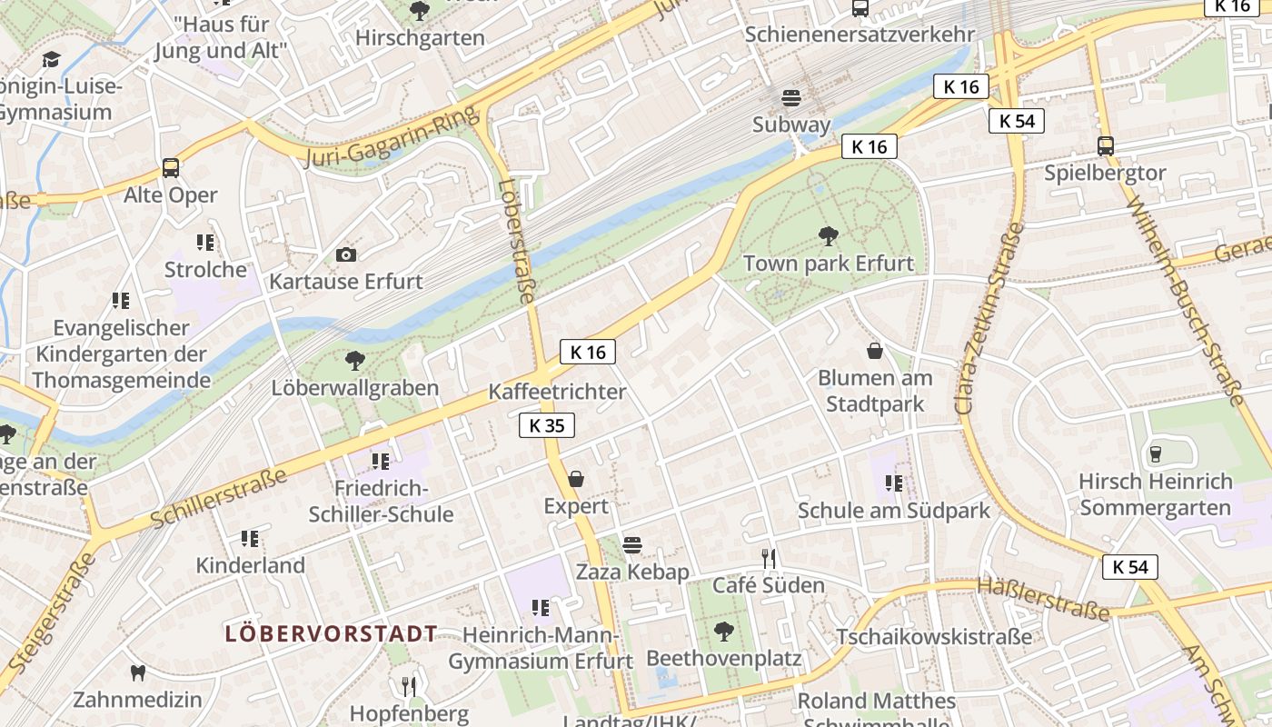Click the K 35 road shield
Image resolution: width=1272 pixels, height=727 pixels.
click(547, 425)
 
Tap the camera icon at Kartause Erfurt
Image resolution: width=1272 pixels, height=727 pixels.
click(346, 254)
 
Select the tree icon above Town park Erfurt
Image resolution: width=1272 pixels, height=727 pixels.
click(828, 236)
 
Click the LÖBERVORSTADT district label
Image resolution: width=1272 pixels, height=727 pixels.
click(331, 633)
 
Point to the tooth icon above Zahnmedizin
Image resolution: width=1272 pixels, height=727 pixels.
click(138, 672)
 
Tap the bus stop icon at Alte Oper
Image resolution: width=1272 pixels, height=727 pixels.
click(171, 167)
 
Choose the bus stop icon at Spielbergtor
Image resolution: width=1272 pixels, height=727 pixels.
click(1105, 145)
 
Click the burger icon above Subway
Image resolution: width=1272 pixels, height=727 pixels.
click(790, 97)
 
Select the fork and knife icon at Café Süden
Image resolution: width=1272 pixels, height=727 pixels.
click(769, 558)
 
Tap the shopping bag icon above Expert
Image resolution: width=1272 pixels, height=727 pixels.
click(575, 479)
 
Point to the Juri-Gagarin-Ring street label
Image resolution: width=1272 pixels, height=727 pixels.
click(392, 138)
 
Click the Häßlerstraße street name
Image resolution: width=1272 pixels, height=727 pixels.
click(1043, 599)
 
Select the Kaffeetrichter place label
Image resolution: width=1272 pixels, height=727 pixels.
click(557, 392)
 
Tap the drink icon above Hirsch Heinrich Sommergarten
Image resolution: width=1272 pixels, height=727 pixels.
click(1156, 453)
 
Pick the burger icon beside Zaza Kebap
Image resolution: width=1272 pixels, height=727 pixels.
click(632, 544)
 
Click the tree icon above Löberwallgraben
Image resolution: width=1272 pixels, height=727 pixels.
click(355, 361)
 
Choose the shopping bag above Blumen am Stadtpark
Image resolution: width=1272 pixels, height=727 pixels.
click(874, 351)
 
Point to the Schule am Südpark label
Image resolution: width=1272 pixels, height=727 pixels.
click(893, 511)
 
